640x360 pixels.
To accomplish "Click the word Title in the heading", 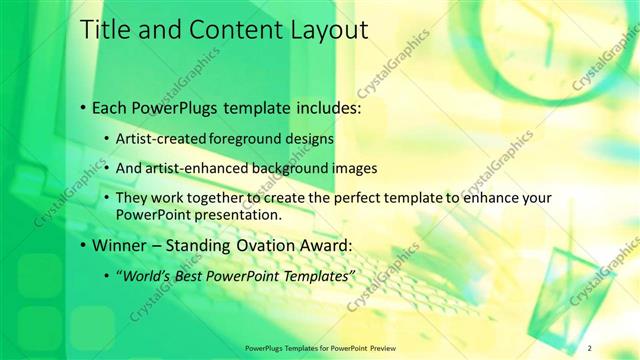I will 104,30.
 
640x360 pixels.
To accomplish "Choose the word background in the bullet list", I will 298,168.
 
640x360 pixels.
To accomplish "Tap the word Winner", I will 121,244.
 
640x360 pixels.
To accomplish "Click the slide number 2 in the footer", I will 590,347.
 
